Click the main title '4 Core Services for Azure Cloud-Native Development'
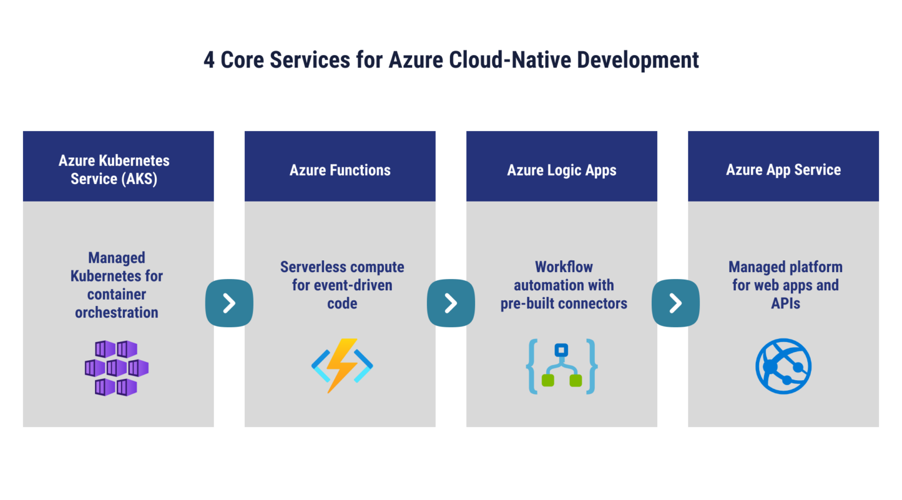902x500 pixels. tap(451, 60)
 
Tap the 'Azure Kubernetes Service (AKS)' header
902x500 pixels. tap(114, 170)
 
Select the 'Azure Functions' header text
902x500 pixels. tap(340, 170)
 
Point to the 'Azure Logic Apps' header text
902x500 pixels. tap(561, 170)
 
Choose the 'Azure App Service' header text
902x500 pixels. tap(783, 170)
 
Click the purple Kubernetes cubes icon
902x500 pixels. tap(116, 368)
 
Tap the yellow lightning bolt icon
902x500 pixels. tap(342, 365)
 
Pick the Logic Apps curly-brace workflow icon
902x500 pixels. tap(562, 366)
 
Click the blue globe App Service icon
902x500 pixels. tap(783, 366)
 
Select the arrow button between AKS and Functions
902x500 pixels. tap(229, 303)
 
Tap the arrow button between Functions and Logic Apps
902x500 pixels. tap(450, 303)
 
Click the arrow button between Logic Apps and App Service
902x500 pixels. tap(675, 303)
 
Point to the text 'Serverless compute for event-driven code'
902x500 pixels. tap(342, 285)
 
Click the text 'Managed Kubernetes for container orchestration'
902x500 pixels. tap(116, 285)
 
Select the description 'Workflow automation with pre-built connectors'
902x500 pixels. tap(564, 285)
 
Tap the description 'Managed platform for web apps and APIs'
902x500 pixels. tap(785, 285)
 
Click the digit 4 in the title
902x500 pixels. tap(209, 61)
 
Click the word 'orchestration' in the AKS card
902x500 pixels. tap(116, 313)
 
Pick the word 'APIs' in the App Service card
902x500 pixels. tap(785, 304)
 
